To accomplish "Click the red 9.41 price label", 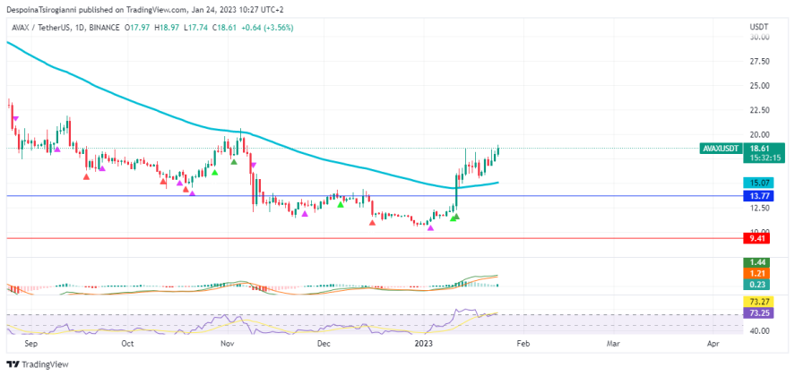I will pyautogui.click(x=758, y=238).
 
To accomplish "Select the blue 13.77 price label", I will pyautogui.click(x=758, y=195).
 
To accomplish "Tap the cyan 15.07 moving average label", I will pyautogui.click(x=758, y=183).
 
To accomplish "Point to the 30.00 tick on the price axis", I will pyautogui.click(x=760, y=38).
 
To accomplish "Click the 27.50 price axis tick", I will pyautogui.click(x=760, y=62).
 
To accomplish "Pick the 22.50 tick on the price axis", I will pyautogui.click(x=760, y=111).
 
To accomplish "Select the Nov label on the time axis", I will pyautogui.click(x=227, y=343).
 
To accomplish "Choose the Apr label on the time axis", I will pyautogui.click(x=713, y=343).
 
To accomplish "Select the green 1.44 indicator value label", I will pyautogui.click(x=758, y=262).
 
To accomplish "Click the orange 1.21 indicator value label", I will pyautogui.click(x=758, y=273).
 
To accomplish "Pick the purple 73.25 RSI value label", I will pyautogui.click(x=758, y=314).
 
